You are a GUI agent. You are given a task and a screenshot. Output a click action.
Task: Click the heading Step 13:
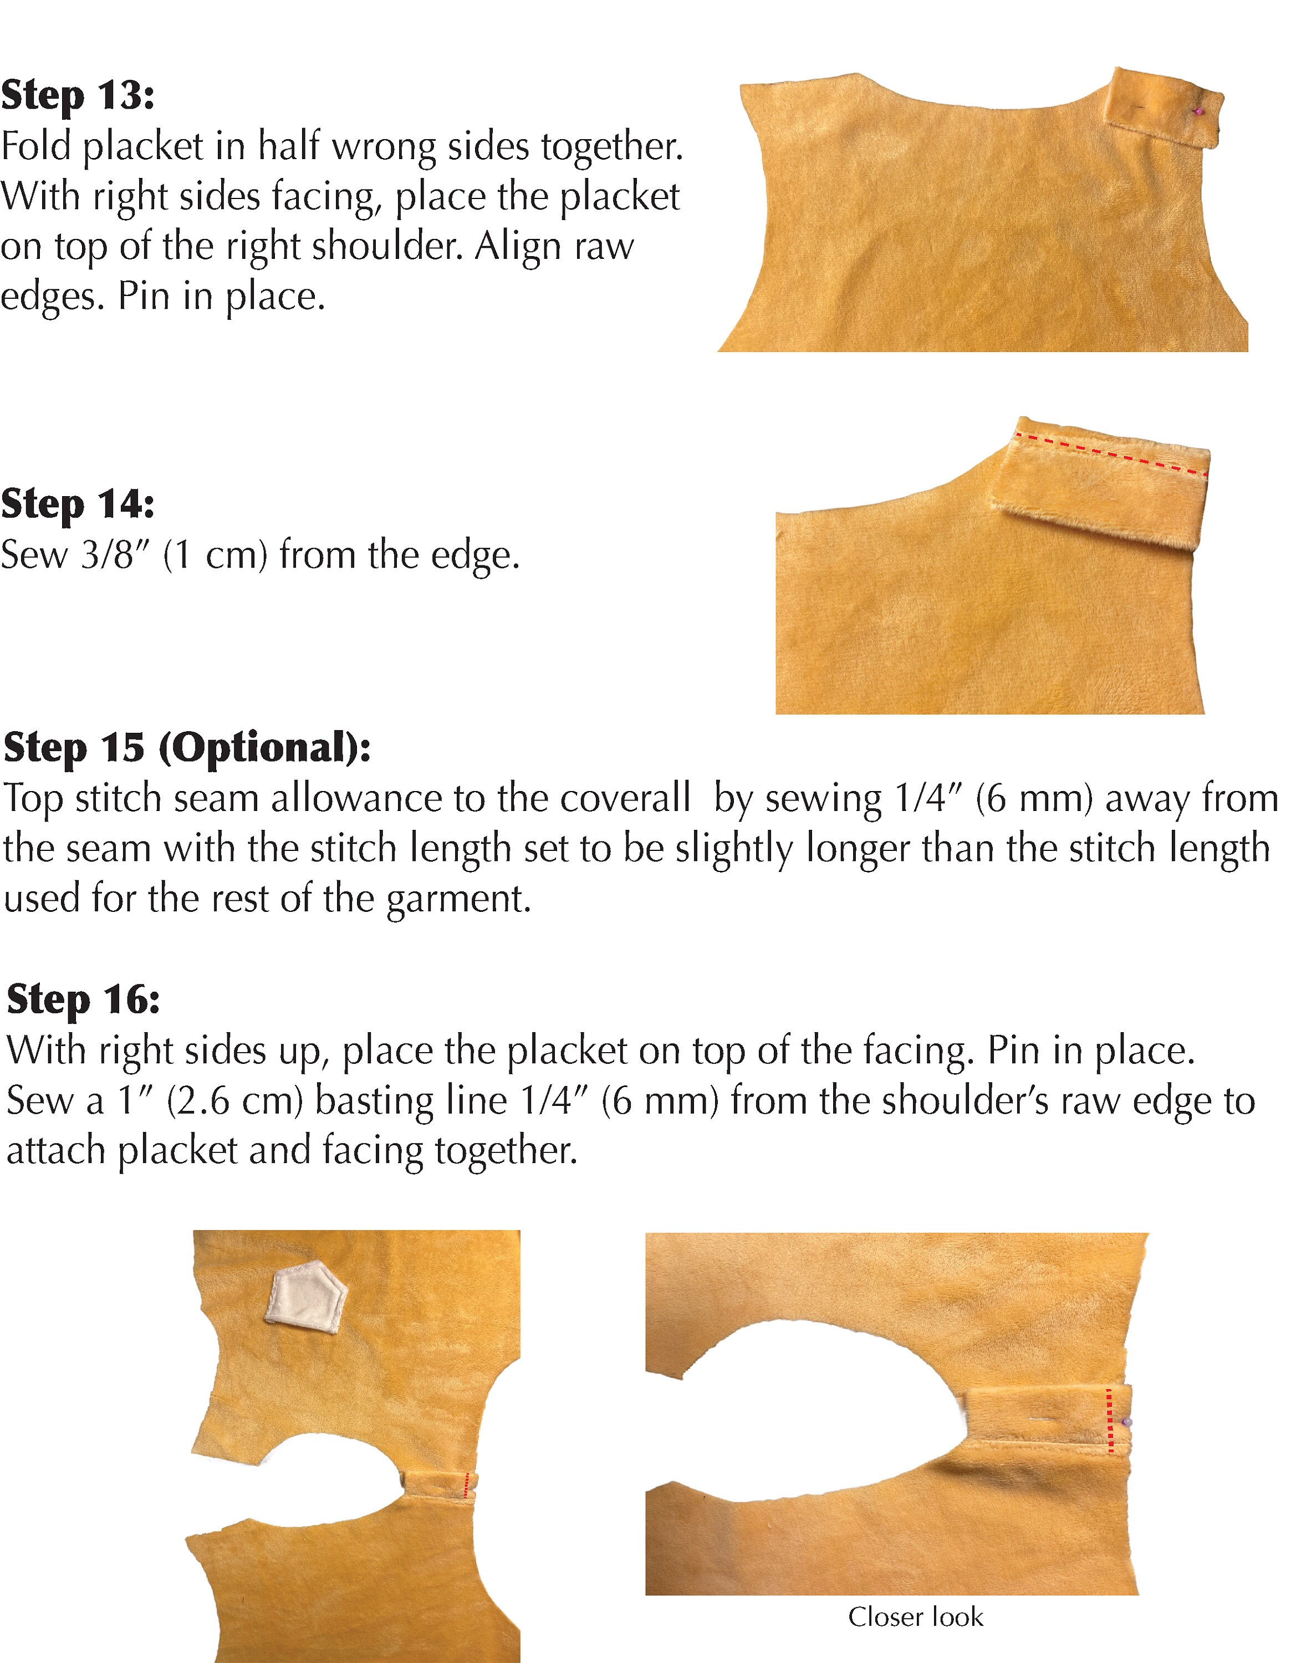(x=78, y=96)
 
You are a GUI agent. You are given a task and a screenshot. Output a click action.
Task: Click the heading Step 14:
(x=78, y=504)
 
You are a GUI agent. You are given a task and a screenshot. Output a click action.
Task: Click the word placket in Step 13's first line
(x=143, y=146)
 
